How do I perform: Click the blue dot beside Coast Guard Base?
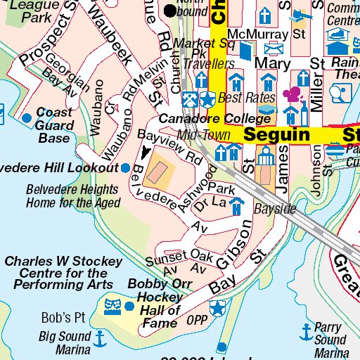(27, 117)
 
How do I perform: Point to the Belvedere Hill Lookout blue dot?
(124, 168)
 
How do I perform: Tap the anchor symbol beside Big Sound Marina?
(100, 339)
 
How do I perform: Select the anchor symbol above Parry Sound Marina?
(306, 329)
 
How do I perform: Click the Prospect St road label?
(46, 39)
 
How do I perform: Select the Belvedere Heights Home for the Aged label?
(72, 196)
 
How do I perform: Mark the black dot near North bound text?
(170, 11)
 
